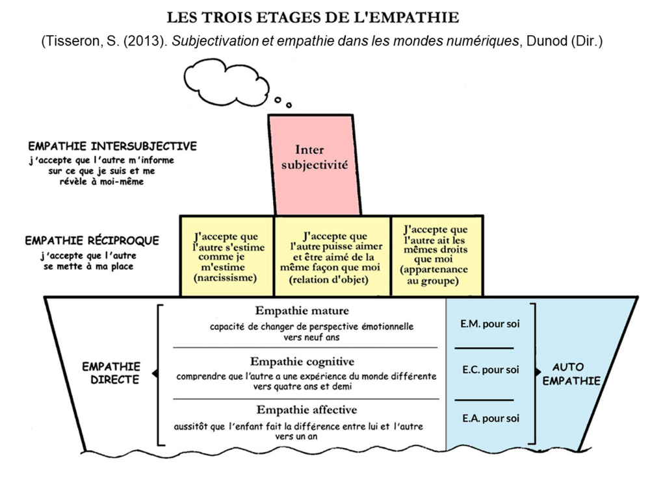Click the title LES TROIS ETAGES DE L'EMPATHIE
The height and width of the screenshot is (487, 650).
pyautogui.click(x=313, y=18)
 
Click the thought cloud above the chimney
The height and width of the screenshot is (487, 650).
pyautogui.click(x=226, y=82)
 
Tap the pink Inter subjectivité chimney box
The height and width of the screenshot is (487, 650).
pyautogui.click(x=314, y=165)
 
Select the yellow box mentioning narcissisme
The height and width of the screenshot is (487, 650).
pyautogui.click(x=227, y=256)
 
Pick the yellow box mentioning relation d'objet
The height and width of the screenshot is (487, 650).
pyautogui.click(x=332, y=256)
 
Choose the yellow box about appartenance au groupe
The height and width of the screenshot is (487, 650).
pyautogui.click(x=437, y=256)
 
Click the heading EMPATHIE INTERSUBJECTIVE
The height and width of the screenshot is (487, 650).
pyautogui.click(x=112, y=146)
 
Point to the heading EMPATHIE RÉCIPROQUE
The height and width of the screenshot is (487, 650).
pyautogui.click(x=92, y=241)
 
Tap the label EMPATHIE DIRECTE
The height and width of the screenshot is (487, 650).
pyautogui.click(x=112, y=373)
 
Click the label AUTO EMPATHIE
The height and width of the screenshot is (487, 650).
pyautogui.click(x=571, y=374)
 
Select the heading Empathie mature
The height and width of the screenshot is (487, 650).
pyautogui.click(x=302, y=310)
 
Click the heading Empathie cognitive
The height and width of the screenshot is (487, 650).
pyautogui.click(x=302, y=362)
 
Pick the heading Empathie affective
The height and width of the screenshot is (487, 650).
pyautogui.click(x=306, y=410)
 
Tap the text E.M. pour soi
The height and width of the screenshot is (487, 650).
pyautogui.click(x=489, y=324)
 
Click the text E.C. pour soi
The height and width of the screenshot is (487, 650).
pyautogui.click(x=490, y=369)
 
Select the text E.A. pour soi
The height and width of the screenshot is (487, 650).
pyautogui.click(x=490, y=418)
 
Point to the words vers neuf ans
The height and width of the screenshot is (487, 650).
pyautogui.click(x=311, y=337)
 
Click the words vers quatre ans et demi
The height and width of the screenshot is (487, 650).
pyautogui.click(x=303, y=386)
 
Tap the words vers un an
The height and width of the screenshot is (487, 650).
pyautogui.click(x=296, y=436)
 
